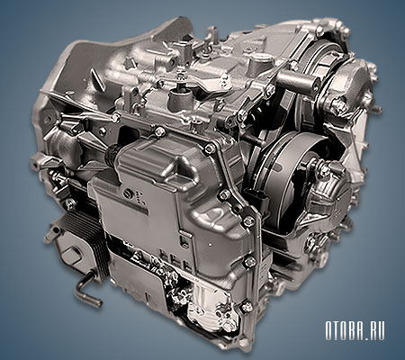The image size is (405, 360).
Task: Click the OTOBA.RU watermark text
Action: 355,331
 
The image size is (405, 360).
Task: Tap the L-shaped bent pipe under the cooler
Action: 86,288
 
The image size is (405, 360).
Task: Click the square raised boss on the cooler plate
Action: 72,254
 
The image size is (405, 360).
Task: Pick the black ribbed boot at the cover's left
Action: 112,154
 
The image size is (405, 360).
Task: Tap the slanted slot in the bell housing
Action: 98,76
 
